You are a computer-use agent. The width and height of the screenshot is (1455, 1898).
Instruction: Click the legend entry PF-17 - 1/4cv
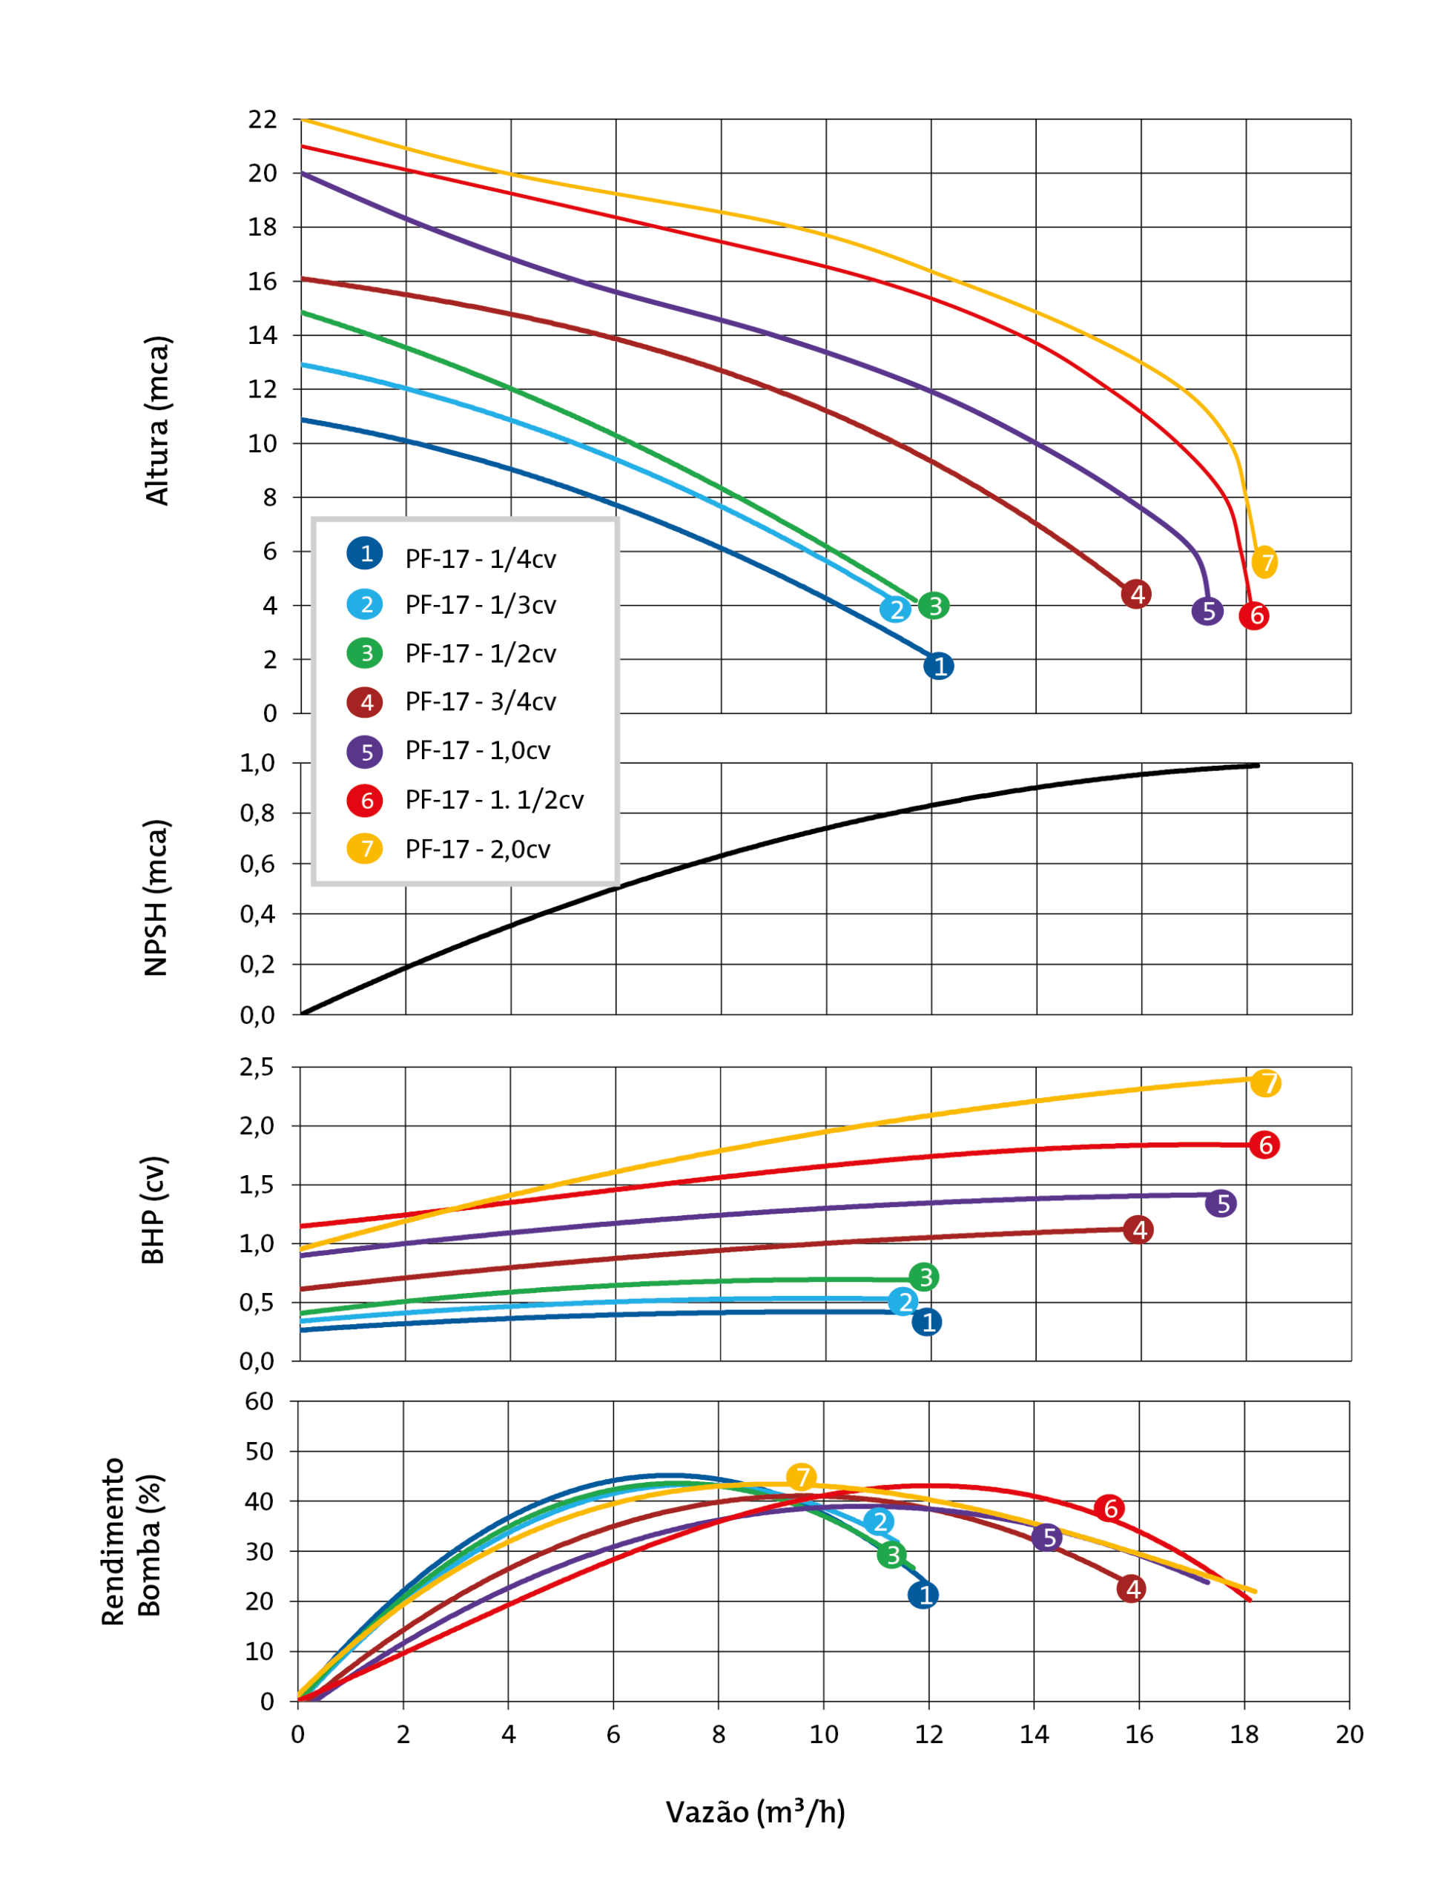(480, 559)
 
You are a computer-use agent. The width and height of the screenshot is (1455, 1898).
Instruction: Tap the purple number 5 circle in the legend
(365, 752)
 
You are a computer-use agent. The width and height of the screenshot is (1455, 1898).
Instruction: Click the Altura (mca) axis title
(158, 421)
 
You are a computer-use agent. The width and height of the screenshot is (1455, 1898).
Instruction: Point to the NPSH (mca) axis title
(156, 898)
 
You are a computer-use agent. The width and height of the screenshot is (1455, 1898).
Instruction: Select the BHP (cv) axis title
(154, 1211)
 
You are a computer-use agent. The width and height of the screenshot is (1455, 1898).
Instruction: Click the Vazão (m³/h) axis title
(755, 1812)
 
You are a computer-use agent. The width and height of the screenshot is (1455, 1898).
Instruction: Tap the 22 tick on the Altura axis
(263, 119)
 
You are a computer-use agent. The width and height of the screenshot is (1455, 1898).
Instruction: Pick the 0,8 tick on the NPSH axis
(257, 813)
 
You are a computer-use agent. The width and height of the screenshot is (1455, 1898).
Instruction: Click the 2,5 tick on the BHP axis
(257, 1068)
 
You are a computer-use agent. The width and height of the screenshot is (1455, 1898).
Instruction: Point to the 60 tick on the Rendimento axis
(259, 1401)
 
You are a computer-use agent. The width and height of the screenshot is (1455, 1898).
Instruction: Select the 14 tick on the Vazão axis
(1034, 1734)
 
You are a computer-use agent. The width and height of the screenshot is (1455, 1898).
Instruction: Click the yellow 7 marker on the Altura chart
(1265, 562)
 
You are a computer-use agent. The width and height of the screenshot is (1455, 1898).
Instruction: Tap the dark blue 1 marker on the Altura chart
(939, 666)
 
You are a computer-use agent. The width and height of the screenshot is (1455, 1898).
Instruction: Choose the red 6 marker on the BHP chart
(1264, 1145)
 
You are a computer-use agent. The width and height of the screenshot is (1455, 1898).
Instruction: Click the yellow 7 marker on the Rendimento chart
(801, 1477)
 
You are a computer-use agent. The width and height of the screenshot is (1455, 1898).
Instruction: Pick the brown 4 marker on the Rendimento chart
(1131, 1588)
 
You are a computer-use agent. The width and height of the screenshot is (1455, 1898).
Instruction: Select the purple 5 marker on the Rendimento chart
(1047, 1538)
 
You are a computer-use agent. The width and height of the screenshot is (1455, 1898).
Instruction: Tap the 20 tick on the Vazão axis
(1350, 1734)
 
